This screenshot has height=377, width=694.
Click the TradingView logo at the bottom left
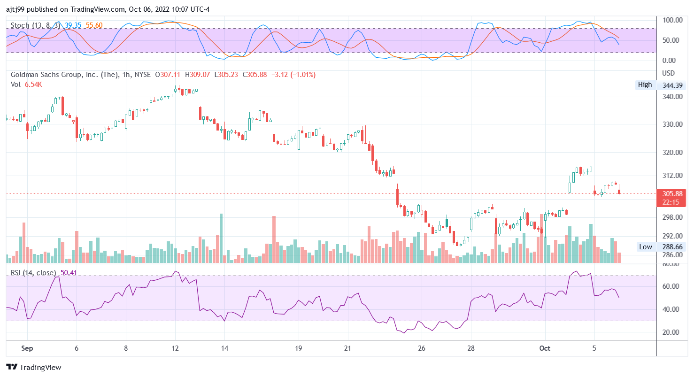click(33, 367)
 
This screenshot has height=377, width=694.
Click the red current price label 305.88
click(672, 193)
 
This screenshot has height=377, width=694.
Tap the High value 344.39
click(672, 85)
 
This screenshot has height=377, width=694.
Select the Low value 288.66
click(672, 247)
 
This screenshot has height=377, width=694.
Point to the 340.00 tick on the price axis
click(672, 96)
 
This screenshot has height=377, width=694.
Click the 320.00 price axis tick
click(672, 153)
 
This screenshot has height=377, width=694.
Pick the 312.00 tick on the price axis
click(672, 175)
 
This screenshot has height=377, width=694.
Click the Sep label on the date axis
click(27, 349)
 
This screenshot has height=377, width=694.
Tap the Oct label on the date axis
click(545, 349)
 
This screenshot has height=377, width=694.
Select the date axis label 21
click(347, 349)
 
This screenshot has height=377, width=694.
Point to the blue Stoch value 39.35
click(73, 25)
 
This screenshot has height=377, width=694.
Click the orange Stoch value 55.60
click(94, 25)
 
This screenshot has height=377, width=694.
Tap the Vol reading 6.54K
click(33, 85)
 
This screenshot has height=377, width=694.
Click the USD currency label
click(668, 73)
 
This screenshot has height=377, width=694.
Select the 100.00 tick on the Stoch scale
click(672, 20)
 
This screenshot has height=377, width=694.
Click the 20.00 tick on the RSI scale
click(672, 332)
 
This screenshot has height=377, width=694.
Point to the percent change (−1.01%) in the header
click(303, 75)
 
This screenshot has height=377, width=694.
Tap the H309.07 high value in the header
click(198, 75)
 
